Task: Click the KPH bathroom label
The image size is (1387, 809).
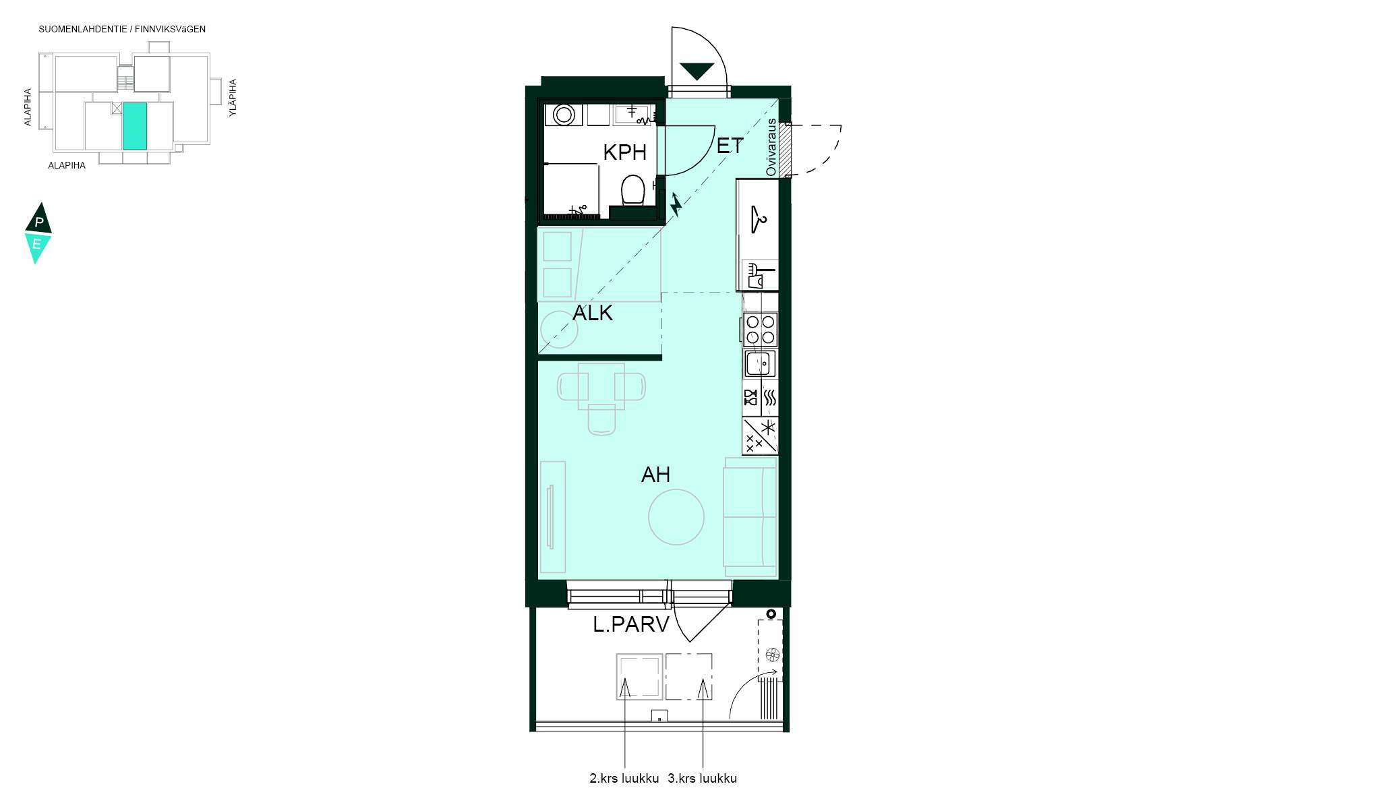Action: pyautogui.click(x=624, y=152)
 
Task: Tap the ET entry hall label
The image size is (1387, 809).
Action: pyautogui.click(x=730, y=146)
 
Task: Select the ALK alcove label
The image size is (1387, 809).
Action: pyautogui.click(x=593, y=313)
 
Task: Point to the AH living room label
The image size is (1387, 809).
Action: pyautogui.click(x=655, y=475)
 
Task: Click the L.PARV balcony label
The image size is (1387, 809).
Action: pyautogui.click(x=631, y=624)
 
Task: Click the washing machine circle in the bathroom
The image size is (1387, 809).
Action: pyautogui.click(x=564, y=115)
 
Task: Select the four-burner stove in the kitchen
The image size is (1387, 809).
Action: pyautogui.click(x=761, y=330)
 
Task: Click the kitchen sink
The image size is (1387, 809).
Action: pyautogui.click(x=760, y=364)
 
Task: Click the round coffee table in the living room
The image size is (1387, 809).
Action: pyautogui.click(x=676, y=517)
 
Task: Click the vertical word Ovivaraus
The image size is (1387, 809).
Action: pyautogui.click(x=771, y=148)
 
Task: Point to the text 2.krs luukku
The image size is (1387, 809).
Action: pyautogui.click(x=624, y=779)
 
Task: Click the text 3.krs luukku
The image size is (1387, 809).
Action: pyautogui.click(x=703, y=779)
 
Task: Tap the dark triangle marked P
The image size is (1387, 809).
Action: pyautogui.click(x=38, y=220)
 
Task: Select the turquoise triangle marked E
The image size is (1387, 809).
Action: pyautogui.click(x=37, y=247)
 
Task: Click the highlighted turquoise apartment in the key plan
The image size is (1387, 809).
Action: pyautogui.click(x=135, y=126)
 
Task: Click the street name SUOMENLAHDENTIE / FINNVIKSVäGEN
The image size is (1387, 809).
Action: pyautogui.click(x=122, y=30)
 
